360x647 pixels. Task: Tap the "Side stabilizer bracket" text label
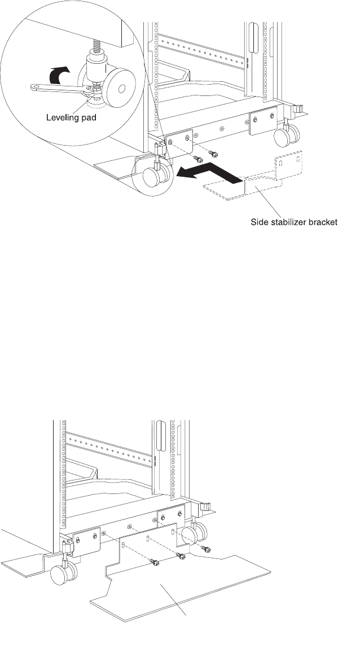[x=294, y=222]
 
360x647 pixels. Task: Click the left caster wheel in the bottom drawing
[x=60, y=575]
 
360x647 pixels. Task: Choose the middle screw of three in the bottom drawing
[x=181, y=556]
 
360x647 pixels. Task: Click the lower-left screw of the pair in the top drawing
[x=197, y=159]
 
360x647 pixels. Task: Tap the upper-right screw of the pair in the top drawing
[x=214, y=153]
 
